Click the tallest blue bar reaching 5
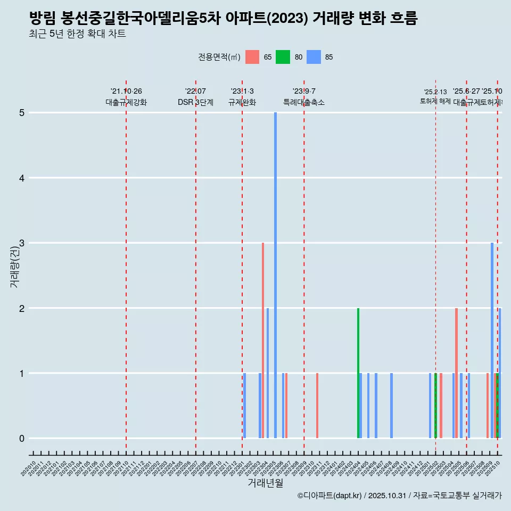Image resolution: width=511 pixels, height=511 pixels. point(275,275)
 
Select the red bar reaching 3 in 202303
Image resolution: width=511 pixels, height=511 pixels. point(263,341)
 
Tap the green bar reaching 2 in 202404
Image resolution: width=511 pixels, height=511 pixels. point(358,373)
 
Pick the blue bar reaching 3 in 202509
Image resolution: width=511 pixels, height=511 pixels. point(492,341)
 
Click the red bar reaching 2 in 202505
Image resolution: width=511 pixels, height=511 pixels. point(456,373)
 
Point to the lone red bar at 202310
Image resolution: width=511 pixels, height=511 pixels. point(317,406)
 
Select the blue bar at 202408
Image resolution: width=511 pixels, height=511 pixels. point(391,406)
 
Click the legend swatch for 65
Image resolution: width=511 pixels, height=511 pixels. point(252,57)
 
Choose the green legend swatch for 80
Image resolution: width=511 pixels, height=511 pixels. point(283,57)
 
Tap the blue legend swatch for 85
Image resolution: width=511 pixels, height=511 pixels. point(315,57)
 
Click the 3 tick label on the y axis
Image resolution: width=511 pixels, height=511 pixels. point(22,243)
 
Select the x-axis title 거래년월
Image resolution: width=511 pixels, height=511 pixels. point(265,483)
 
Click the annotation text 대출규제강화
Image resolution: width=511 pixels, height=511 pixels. point(126,102)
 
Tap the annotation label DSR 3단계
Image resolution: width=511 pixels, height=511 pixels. point(195,102)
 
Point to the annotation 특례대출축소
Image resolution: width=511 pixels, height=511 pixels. point(303,102)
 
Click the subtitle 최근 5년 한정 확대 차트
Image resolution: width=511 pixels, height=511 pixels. point(78,34)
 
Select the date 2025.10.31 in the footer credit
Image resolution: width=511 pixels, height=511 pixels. point(387,496)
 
